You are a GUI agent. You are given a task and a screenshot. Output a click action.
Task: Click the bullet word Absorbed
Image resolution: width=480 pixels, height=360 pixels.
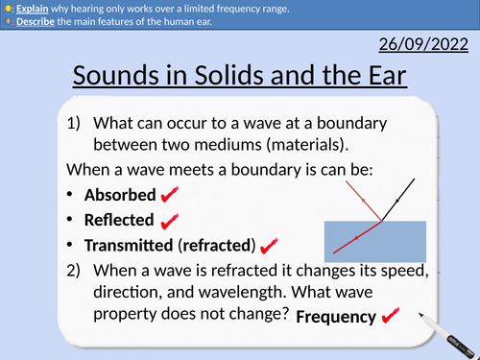tap(120, 195)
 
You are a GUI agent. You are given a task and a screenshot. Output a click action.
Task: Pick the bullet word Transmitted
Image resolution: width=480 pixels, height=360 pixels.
tap(130, 245)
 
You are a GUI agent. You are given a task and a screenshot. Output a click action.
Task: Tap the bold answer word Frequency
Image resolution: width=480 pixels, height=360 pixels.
tap(335, 316)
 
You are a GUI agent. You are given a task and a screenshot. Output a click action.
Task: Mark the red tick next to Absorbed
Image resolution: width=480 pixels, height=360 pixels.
tap(169, 195)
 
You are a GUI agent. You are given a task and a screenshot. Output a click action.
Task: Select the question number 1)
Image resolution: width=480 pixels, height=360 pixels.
tap(78, 123)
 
